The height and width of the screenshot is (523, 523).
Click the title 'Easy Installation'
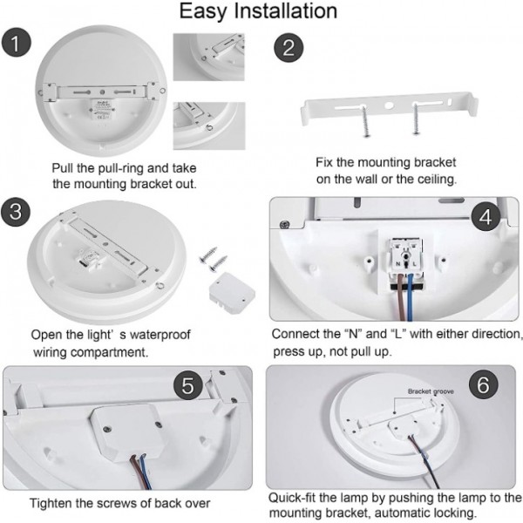tap(258, 11)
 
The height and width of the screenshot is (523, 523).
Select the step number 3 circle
tap(15, 213)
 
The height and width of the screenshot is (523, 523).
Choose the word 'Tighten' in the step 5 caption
tap(53, 503)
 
